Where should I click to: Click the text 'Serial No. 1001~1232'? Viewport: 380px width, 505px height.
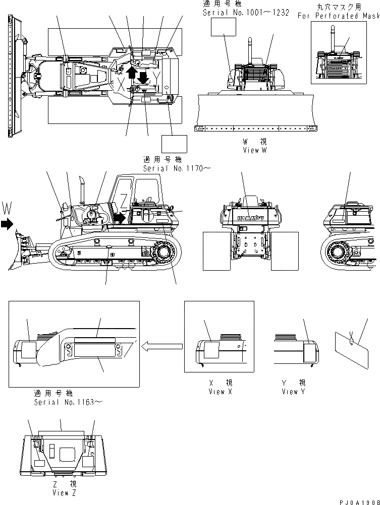pos(246,13)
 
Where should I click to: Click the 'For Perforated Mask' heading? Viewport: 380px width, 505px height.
pos(338,16)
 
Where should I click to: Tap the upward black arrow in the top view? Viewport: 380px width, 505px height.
pos(132,72)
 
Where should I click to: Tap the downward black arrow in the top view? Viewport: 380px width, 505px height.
pos(143,77)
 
